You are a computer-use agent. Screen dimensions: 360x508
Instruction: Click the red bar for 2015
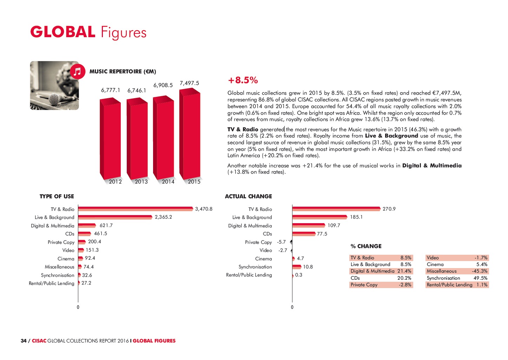click(190, 135)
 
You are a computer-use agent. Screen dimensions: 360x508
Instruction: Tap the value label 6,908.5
click(163, 85)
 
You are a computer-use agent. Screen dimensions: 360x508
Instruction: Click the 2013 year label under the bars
click(141, 182)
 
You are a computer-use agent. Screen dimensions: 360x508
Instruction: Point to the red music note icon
click(78, 72)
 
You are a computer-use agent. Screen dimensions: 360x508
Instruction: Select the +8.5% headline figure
click(243, 80)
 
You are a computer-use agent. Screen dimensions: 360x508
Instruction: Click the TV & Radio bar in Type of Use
click(136, 209)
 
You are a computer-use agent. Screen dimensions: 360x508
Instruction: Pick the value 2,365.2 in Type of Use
click(163, 217)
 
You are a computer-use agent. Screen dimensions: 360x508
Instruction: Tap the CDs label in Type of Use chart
click(70, 234)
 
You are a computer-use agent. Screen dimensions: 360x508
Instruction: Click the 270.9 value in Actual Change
click(389, 209)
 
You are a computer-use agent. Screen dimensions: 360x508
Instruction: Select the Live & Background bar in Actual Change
click(319, 217)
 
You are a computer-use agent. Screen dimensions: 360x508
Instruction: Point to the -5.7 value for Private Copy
click(281, 242)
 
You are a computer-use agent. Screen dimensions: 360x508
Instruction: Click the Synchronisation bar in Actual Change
click(297, 267)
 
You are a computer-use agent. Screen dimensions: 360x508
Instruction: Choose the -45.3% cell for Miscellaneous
click(479, 271)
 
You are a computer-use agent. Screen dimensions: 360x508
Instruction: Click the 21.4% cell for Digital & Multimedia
click(404, 271)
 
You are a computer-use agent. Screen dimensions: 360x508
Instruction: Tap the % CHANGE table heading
click(366, 246)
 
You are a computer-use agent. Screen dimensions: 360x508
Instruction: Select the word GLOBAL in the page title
click(63, 32)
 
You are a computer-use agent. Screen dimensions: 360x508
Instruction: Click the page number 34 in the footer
click(24, 341)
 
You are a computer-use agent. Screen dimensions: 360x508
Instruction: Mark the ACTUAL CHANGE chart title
click(248, 196)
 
